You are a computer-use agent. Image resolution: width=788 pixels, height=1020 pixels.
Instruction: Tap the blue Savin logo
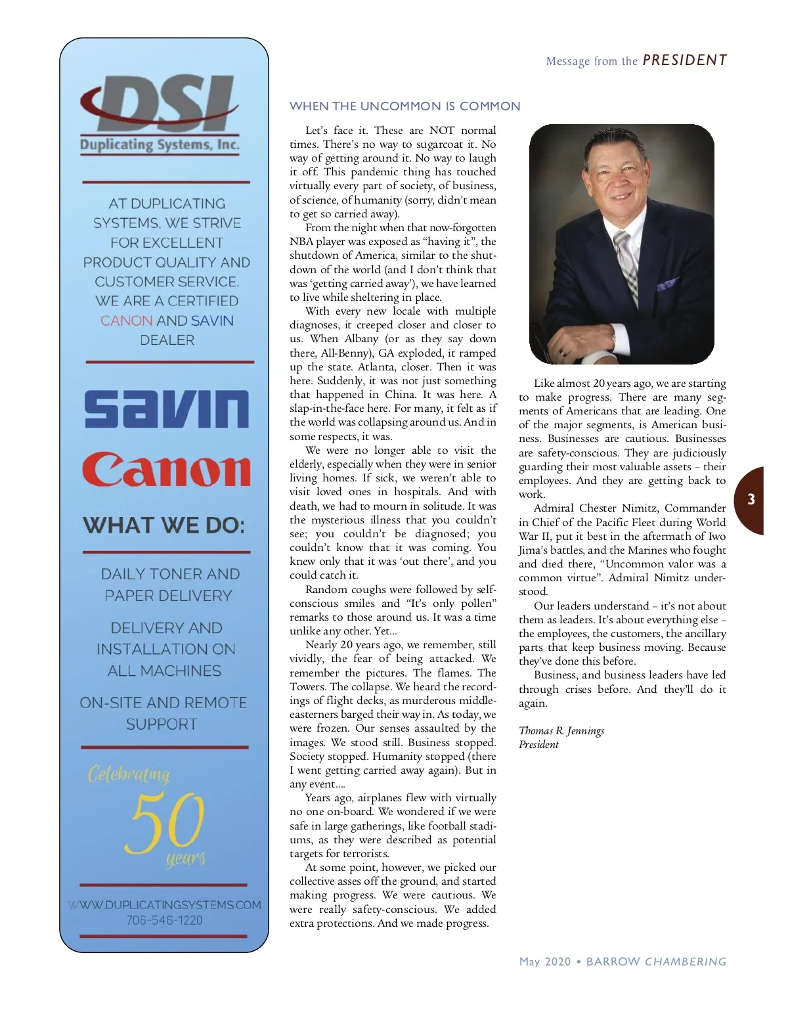coord(167,409)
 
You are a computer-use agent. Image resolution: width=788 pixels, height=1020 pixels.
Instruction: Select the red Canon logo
coord(166,469)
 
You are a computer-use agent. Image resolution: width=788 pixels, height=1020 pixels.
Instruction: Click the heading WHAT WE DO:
coord(164,525)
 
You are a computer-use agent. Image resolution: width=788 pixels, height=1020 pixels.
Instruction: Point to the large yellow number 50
coord(167,822)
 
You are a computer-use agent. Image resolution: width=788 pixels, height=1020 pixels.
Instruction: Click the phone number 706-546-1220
coord(165,920)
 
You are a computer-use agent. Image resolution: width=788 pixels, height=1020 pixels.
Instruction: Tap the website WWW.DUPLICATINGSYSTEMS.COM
coord(164,904)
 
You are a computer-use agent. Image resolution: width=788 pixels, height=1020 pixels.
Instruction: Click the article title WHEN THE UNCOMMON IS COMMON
coord(405,106)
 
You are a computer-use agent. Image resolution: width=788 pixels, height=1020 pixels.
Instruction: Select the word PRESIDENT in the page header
coord(684,60)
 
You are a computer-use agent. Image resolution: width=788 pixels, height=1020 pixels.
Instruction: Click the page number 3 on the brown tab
coord(751,499)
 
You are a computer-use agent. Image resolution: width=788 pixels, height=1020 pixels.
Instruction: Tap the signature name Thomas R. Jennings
coord(561,730)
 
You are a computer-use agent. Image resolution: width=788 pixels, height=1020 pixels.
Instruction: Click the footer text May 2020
coord(545,962)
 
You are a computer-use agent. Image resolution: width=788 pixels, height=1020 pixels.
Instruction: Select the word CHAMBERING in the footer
coord(686,962)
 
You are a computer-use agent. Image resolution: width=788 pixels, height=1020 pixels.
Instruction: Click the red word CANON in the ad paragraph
coord(126,321)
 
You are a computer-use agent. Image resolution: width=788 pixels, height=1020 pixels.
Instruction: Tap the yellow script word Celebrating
coord(129,774)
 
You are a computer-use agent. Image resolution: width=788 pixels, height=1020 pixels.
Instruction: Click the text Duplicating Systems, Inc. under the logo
coord(160,145)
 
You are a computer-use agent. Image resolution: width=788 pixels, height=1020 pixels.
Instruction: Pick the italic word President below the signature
coord(538,744)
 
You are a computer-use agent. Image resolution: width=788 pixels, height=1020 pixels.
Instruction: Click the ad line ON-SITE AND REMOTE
coord(164,703)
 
